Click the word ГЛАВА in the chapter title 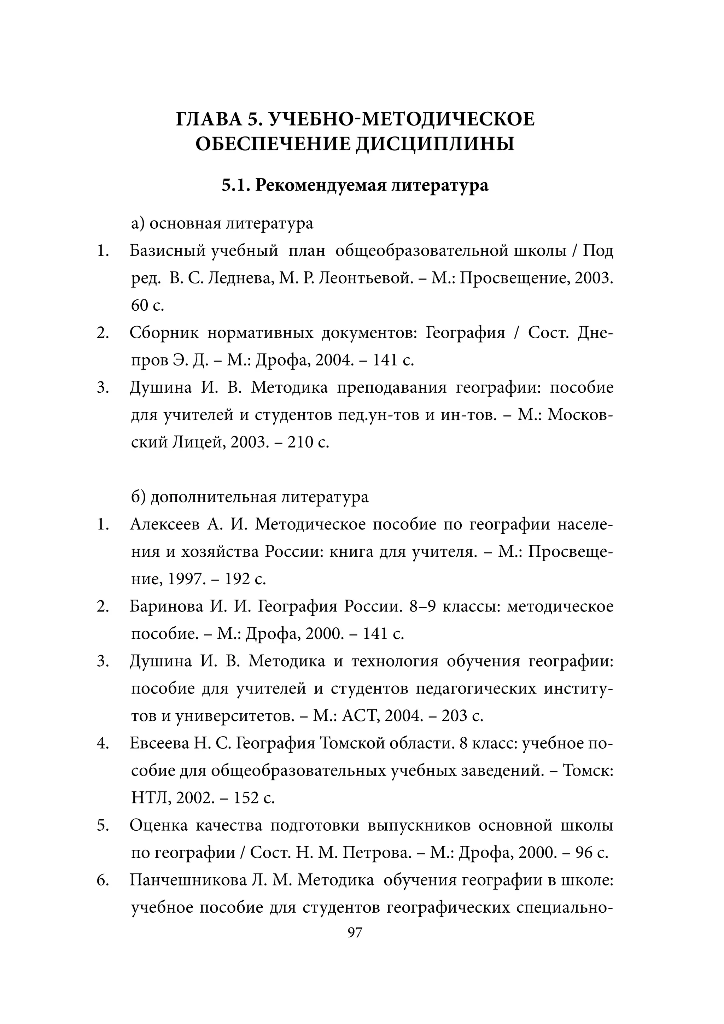208,120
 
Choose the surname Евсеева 160,743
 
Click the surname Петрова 378,852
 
